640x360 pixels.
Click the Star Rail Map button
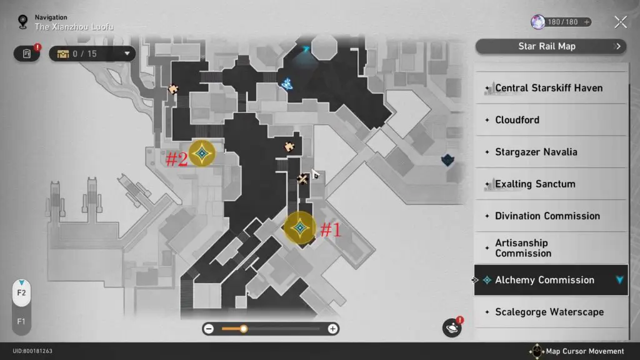551,46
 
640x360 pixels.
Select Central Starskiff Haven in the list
551,87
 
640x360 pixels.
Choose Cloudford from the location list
551,120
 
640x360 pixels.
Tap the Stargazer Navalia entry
551,152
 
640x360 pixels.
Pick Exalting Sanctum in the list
551,184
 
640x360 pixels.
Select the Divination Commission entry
551,216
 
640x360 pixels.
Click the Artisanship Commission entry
551,247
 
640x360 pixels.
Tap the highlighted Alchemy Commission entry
551,280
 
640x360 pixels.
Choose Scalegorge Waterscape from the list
551,312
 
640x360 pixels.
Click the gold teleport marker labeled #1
300,227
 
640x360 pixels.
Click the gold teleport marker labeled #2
202,154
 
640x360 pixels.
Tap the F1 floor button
21,322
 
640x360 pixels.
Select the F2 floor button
21,292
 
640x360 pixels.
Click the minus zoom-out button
209,329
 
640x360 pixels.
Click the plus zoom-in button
332,329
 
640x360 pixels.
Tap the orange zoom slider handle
244,329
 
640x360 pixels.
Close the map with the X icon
621,22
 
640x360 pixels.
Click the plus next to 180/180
586,22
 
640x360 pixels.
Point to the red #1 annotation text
331,230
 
